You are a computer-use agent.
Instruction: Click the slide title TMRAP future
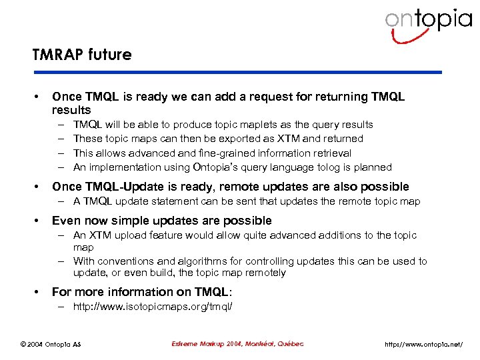pos(81,55)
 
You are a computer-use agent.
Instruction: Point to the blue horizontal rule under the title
pos(237,73)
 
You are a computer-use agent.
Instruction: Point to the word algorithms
pos(199,261)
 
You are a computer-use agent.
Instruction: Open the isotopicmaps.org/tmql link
pos(153,307)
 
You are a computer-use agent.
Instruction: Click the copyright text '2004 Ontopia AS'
pos(53,344)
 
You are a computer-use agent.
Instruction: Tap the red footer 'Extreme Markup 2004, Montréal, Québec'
pos(237,344)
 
